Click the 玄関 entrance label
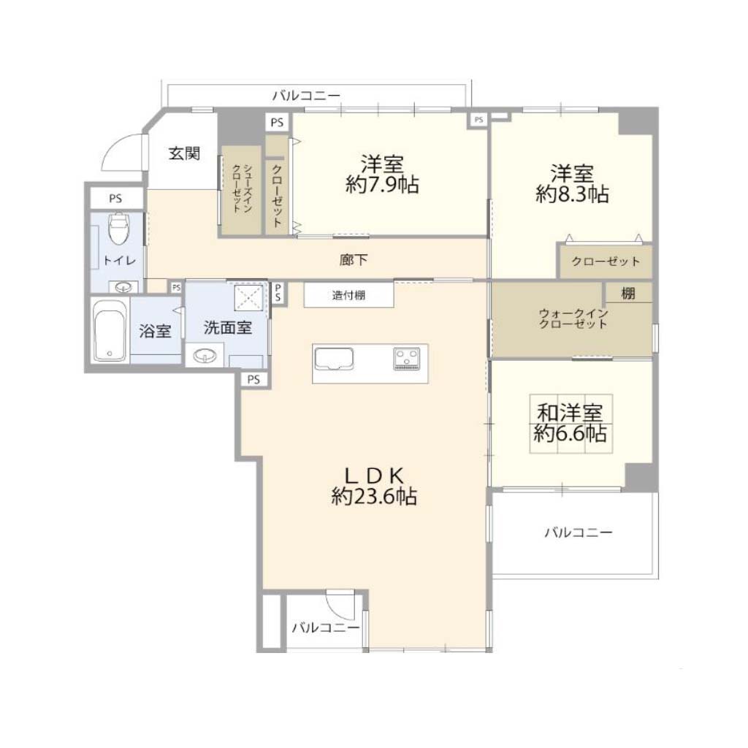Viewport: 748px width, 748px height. coord(184,153)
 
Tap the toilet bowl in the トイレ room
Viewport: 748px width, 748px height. coord(119,229)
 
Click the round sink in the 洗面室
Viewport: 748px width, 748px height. coord(205,356)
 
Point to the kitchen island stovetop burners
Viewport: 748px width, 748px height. coord(406,359)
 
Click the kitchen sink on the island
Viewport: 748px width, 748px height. coord(334,359)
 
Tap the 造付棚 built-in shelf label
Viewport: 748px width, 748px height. coord(348,295)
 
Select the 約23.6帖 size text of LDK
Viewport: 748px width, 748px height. coord(374,497)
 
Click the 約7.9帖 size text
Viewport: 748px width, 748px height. coord(382,185)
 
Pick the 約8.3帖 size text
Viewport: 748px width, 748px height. coord(572,194)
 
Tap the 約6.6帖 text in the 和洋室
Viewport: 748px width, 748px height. coord(570,433)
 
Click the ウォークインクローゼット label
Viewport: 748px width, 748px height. coord(573,318)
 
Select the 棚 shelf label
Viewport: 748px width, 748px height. coord(628,293)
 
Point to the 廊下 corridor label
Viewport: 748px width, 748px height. coord(354,260)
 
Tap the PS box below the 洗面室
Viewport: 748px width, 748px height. coord(253,379)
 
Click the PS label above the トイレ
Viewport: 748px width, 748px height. coord(115,199)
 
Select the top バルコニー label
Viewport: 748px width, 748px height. coord(306,96)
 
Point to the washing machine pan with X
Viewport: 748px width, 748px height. coord(248,297)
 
